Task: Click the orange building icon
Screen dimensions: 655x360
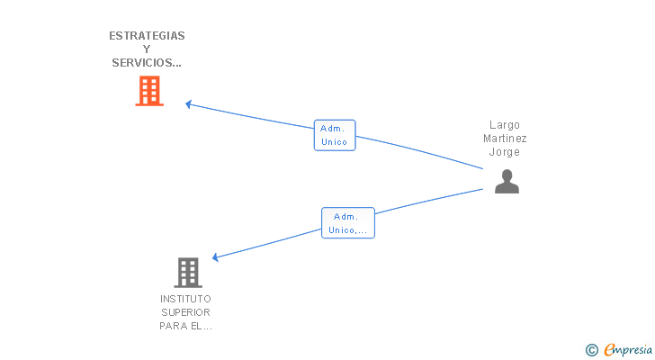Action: point(149,91)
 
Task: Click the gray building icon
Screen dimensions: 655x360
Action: point(188,273)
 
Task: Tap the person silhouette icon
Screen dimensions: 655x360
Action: point(507,181)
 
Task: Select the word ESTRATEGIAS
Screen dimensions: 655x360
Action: point(147,36)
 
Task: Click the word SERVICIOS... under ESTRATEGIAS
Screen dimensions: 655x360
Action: point(147,63)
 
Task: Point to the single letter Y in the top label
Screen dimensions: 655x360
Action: point(147,49)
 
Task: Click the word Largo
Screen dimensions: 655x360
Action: point(505,125)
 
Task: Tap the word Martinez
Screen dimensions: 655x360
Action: point(505,139)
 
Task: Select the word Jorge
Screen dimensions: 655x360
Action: point(505,152)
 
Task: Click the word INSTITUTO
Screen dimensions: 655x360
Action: point(186,299)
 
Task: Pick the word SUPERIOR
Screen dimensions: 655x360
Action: point(186,312)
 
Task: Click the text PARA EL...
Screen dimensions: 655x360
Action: point(181,326)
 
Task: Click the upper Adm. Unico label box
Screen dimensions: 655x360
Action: point(335,135)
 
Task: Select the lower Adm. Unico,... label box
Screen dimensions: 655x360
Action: point(348,223)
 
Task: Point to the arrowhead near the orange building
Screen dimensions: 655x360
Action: point(188,104)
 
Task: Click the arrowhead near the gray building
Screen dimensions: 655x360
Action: point(216,257)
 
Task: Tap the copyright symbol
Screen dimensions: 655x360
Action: point(591,350)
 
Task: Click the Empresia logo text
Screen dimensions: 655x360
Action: point(628,349)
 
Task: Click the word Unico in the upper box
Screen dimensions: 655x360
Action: point(334,142)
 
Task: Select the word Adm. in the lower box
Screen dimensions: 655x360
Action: point(345,217)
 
